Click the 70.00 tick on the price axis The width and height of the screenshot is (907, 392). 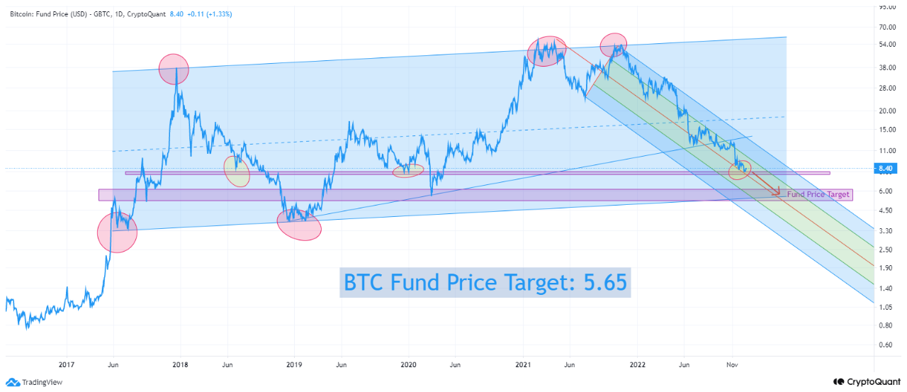pyautogui.click(x=886, y=27)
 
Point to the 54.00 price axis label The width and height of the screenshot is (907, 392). pyautogui.click(x=886, y=44)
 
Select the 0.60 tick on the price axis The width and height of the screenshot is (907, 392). pyautogui.click(x=886, y=345)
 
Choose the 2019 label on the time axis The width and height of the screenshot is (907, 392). pyautogui.click(x=294, y=365)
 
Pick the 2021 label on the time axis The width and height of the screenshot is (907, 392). pyautogui.click(x=522, y=365)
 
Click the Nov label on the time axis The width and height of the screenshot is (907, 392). pyautogui.click(x=733, y=365)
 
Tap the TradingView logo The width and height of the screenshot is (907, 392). pyautogui.click(x=35, y=381)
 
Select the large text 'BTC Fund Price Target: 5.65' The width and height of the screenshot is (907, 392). pyautogui.click(x=485, y=282)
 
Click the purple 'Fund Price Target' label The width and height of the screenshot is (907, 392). pyautogui.click(x=818, y=194)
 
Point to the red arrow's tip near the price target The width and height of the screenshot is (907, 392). pyautogui.click(x=779, y=193)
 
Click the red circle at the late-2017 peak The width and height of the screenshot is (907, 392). pyautogui.click(x=174, y=69)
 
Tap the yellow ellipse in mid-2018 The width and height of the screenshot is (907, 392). pyautogui.click(x=237, y=171)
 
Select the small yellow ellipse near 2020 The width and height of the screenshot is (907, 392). pyautogui.click(x=408, y=170)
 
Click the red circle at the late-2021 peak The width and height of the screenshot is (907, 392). pyautogui.click(x=614, y=45)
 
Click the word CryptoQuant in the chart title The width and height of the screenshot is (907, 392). pyautogui.click(x=145, y=13)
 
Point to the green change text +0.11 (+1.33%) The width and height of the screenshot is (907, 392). pyautogui.click(x=211, y=13)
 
